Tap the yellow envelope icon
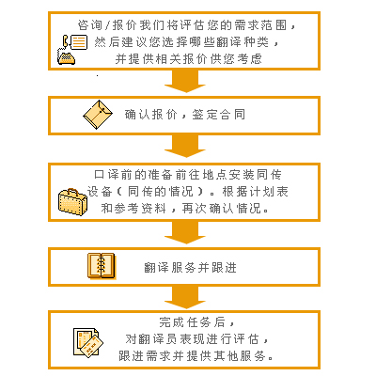pos(98,115)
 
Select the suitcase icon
pos(72,202)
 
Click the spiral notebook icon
pos(102,266)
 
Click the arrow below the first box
pos(185,81)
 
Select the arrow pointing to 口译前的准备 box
pos(185,146)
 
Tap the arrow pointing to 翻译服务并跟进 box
pos(185,232)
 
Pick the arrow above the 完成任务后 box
pos(185,297)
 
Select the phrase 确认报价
pos(151,115)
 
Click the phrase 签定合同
pos(219,115)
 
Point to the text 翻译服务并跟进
pos(191,268)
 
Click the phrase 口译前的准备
pos(133,175)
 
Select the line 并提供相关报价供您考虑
pos(188,58)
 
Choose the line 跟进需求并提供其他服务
pos(196,356)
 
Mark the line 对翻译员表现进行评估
pos(192,339)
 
